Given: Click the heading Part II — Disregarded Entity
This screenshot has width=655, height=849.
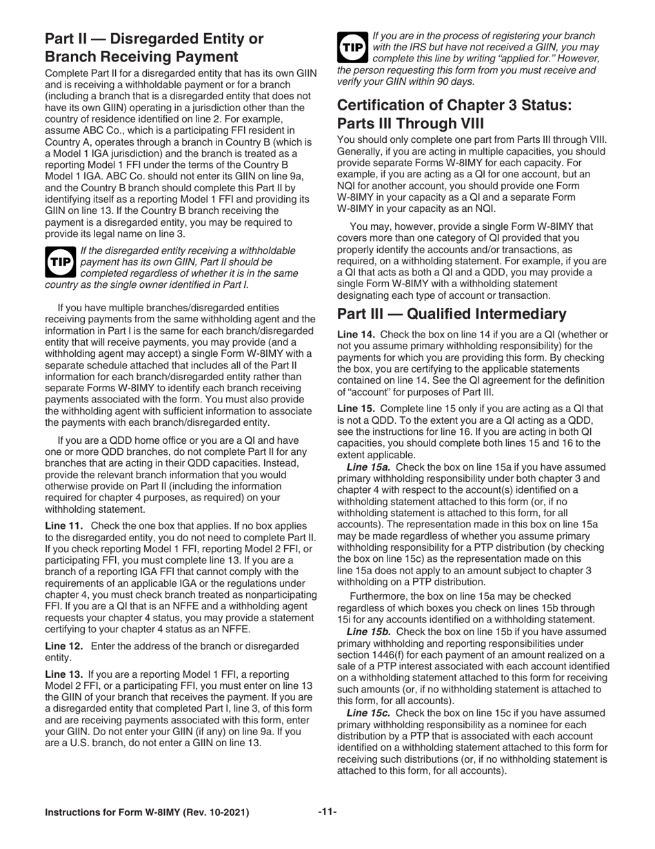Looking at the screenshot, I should pos(153,48).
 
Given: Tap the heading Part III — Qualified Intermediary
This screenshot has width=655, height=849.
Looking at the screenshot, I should pos(452,314).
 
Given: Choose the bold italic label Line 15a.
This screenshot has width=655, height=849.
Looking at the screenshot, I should pos(368,467).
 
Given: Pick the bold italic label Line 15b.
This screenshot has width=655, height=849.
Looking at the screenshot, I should pos(368,632).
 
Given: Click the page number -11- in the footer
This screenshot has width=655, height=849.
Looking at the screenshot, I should pos(327,812).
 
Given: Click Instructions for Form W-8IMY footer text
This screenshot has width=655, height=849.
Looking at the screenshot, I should pos(147,812).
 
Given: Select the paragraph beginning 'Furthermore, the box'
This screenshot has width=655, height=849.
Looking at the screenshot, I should pos(472,607).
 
